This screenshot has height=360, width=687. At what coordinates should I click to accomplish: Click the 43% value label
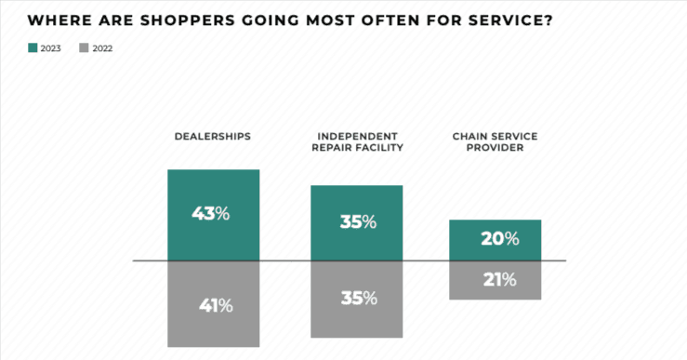tap(210, 213)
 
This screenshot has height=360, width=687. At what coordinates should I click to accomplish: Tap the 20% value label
tap(499, 239)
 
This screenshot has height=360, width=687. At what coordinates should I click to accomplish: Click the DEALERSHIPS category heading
tap(213, 137)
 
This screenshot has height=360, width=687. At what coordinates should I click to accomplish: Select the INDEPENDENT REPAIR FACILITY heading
tap(356, 141)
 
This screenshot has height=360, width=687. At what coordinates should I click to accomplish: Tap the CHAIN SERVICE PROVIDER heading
tap(495, 141)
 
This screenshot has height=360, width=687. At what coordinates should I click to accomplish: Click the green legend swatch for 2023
tap(33, 47)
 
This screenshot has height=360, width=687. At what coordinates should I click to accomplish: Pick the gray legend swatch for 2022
tap(85, 47)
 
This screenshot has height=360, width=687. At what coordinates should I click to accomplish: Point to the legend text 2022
tap(103, 47)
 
